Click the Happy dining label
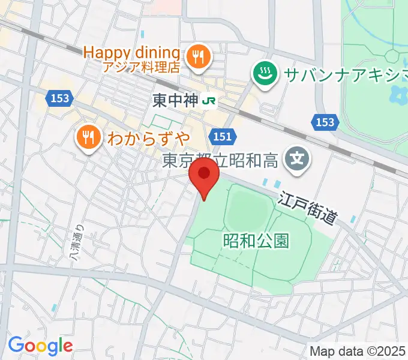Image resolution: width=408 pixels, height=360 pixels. tap(131, 52)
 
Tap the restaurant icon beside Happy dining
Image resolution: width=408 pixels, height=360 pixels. tap(197, 57)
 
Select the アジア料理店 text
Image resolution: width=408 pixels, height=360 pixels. tap(141, 67)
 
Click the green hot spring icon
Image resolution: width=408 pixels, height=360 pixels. tap(263, 74)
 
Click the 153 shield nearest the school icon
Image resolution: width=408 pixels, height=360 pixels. tap(324, 122)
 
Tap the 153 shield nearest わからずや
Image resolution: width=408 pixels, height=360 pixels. tap(59, 98)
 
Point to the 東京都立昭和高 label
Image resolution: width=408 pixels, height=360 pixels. tap(223, 160)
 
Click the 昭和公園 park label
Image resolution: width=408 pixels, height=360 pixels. tap(256, 241)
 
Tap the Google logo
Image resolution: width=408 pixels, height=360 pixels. tap(40, 345)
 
